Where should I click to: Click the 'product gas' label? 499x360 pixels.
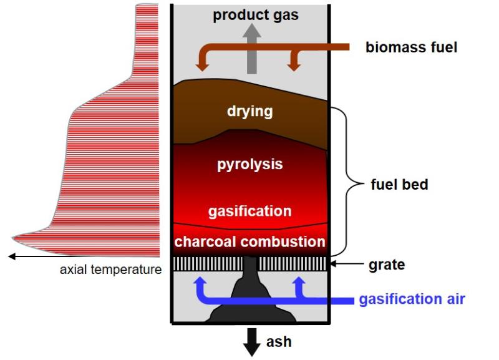click(256, 15)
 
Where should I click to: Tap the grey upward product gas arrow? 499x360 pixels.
click(252, 49)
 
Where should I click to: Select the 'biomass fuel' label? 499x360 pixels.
click(411, 47)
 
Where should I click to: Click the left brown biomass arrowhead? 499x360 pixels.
click(202, 66)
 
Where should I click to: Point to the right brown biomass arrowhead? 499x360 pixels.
click(294, 66)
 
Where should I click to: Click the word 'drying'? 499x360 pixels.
click(250, 112)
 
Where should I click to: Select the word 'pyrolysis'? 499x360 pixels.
click(250, 164)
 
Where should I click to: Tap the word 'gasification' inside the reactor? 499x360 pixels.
click(250, 211)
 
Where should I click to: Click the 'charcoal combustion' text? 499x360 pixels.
click(250, 241)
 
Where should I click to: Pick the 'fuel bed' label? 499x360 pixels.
click(399, 184)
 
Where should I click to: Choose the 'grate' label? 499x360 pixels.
click(387, 265)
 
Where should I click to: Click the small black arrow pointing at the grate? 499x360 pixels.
click(347, 263)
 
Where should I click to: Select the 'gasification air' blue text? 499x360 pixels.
click(412, 299)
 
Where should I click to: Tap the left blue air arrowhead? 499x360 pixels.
click(200, 280)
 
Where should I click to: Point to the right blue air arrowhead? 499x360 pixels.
click(299, 280)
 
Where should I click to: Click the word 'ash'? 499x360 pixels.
click(279, 341)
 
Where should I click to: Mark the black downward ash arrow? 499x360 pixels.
click(252, 342)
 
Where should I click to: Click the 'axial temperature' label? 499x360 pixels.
click(111, 270)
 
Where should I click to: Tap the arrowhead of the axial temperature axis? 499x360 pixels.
click(12, 256)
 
